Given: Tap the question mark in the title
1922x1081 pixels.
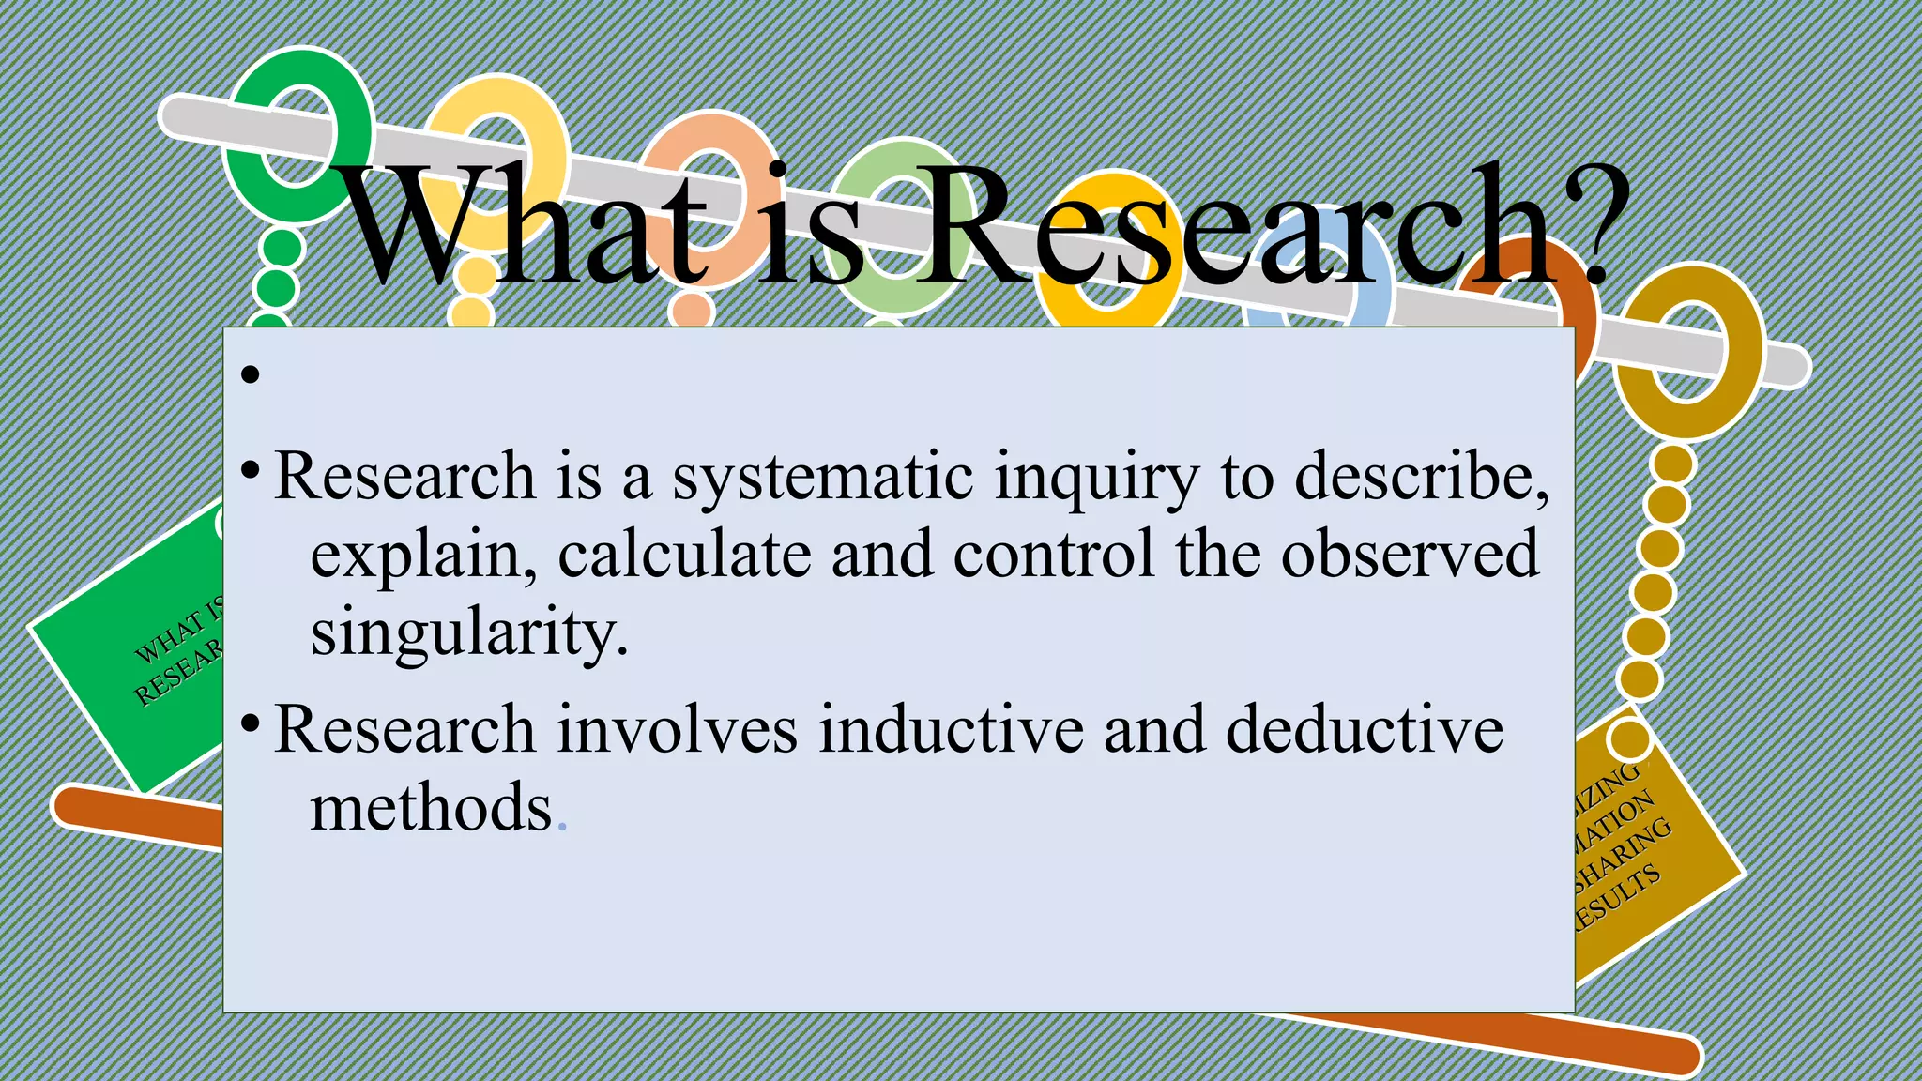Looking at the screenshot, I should (1595, 225).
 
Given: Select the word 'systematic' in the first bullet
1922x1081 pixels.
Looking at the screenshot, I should (822, 478).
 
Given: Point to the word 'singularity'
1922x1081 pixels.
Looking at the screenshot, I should (467, 633).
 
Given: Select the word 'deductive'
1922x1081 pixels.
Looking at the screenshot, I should (1365, 730).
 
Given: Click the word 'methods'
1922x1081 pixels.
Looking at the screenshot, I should (431, 808).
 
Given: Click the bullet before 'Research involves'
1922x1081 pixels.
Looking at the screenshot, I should (250, 723).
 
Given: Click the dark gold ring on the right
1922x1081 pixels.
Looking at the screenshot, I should (1689, 352).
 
